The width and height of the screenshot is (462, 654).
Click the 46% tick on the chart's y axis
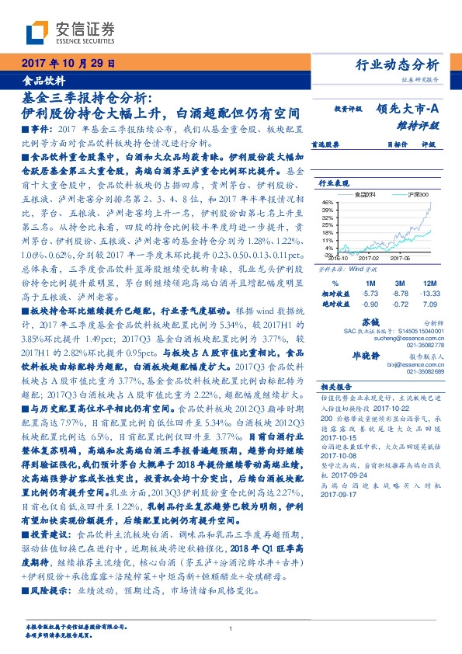click(x=328, y=201)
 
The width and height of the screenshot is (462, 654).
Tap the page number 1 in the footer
click(x=231, y=629)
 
